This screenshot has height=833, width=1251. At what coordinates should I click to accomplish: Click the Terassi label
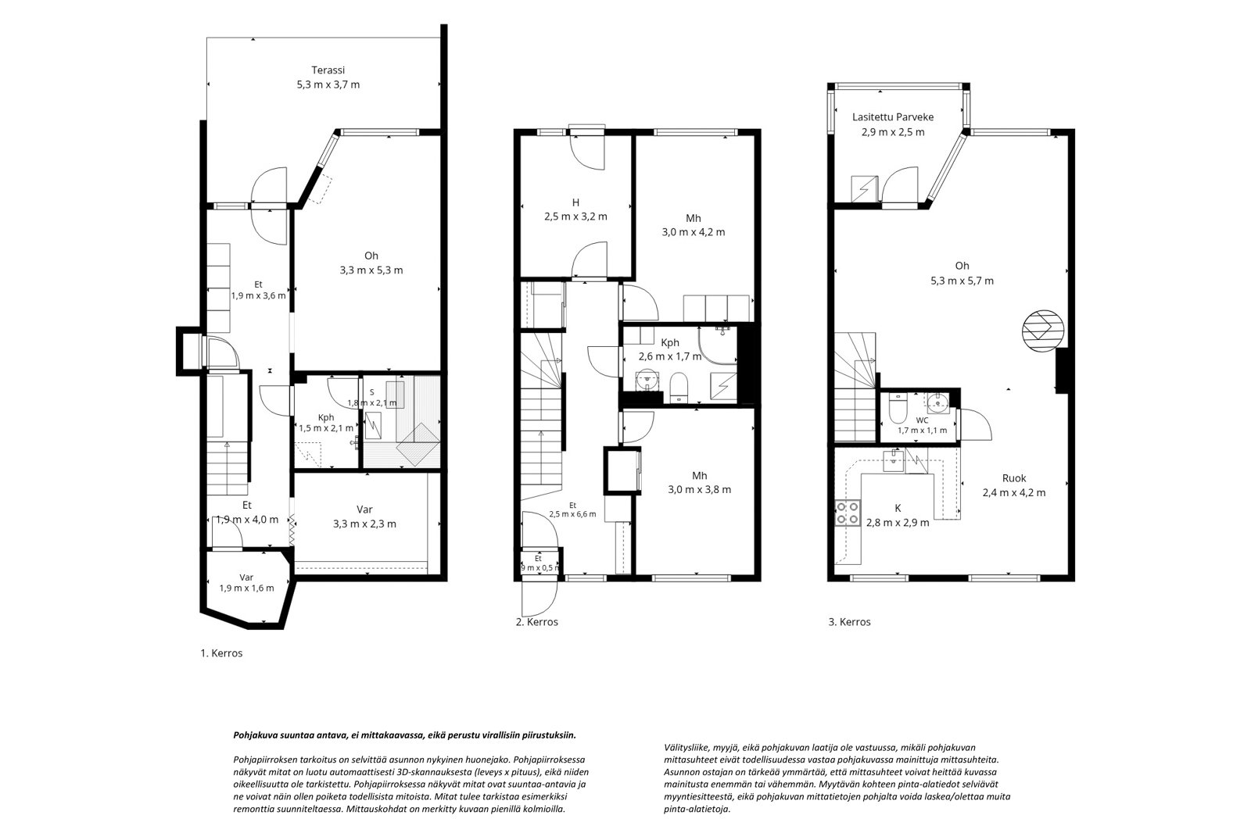[328, 70]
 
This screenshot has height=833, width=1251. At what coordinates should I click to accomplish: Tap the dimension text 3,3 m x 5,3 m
[371, 270]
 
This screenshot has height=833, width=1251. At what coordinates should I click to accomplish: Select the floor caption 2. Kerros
[536, 622]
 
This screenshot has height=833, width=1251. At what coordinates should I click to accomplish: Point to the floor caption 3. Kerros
[849, 622]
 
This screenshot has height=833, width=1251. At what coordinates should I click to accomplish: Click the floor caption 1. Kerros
[222, 653]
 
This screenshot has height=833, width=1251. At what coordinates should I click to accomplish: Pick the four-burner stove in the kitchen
[848, 513]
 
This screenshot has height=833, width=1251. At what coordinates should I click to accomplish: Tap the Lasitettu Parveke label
[893, 117]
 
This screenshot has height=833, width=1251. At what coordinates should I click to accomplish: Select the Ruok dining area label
[1014, 478]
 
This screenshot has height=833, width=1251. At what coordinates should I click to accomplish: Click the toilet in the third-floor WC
[898, 409]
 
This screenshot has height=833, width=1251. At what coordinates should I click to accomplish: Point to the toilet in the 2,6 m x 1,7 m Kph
[679, 386]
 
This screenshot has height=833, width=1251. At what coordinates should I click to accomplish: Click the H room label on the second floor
[575, 202]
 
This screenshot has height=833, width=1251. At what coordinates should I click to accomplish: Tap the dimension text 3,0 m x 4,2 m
[694, 232]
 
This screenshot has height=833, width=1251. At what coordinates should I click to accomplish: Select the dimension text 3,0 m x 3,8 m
[700, 490]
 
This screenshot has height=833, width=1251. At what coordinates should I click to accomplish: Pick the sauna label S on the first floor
[372, 392]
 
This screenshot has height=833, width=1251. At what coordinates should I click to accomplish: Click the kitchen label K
[898, 509]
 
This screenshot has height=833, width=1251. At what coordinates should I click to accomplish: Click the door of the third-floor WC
[974, 425]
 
